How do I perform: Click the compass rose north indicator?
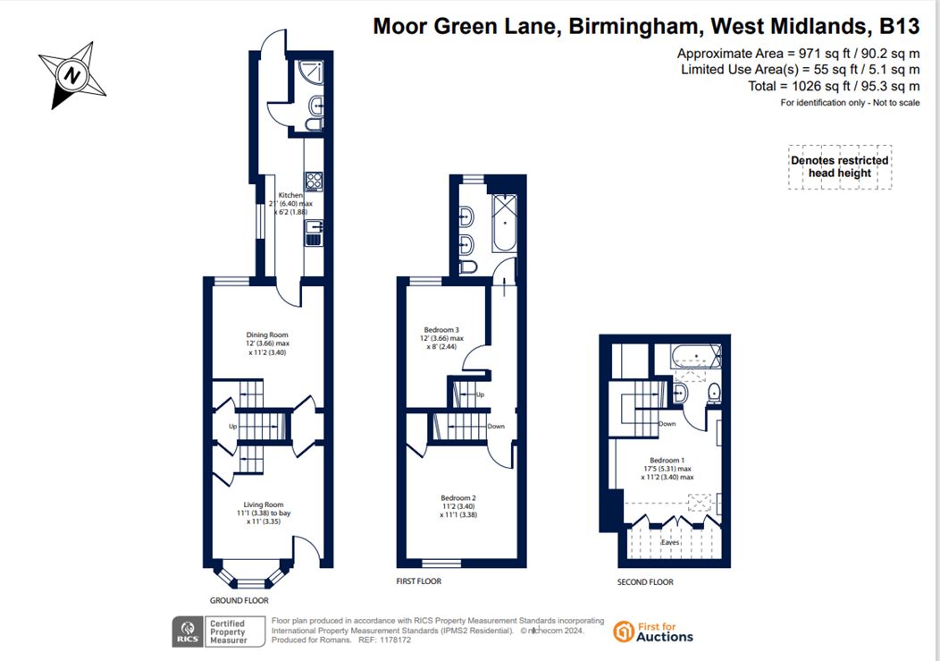pos(72,76)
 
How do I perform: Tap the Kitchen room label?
pos(290,195)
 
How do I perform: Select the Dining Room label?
pos(267,335)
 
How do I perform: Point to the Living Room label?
pos(264,504)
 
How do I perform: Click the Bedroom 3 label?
pos(441,329)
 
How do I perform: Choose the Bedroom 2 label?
pos(458,497)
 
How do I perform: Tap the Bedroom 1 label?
pos(667,460)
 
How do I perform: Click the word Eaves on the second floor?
pos(670,542)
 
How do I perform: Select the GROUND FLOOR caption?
pos(239,600)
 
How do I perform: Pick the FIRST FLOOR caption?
pos(418,581)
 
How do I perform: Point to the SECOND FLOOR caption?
pos(645,581)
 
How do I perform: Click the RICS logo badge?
pos(188,631)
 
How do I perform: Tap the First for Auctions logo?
pos(653,631)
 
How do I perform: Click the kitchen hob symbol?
pos(315,181)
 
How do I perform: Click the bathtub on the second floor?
pos(695,357)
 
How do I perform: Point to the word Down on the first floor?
pos(496,427)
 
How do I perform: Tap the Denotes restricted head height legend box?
pos(840,167)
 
